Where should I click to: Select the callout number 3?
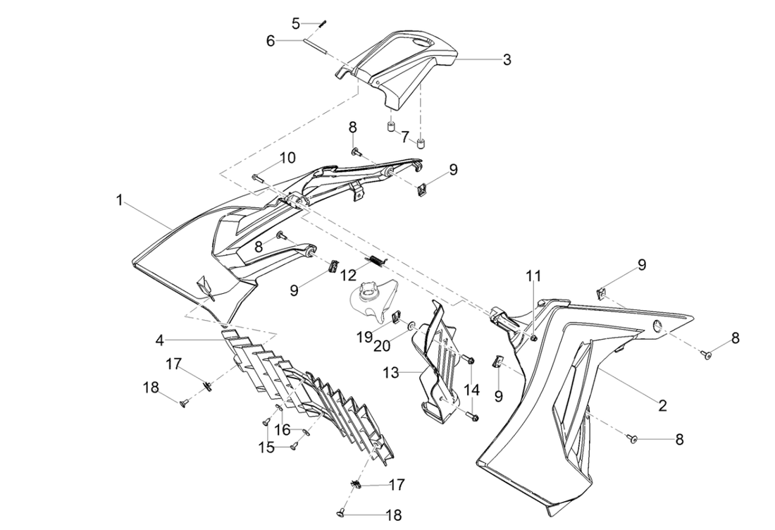(x=507, y=60)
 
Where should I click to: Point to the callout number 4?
(x=161, y=340)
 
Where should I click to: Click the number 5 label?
(x=297, y=23)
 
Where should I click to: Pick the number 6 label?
(x=271, y=41)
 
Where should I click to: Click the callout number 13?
(x=391, y=371)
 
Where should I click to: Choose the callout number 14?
(x=471, y=388)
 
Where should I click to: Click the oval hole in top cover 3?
(x=421, y=45)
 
